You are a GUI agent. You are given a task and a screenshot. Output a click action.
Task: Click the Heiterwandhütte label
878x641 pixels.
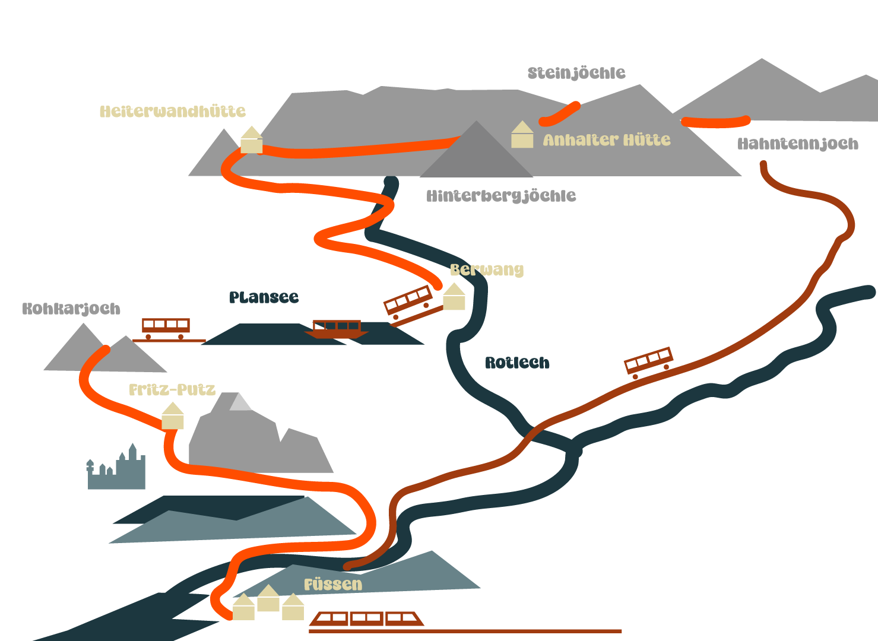pos(172,112)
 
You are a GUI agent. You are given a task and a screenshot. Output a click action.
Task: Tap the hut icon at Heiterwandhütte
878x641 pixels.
pos(251,140)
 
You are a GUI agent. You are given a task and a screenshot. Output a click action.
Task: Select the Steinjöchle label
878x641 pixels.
pos(576,73)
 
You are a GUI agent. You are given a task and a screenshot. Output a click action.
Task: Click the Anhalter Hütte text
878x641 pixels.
pos(607,140)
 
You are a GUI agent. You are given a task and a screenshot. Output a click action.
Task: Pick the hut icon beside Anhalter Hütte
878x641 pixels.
pos(522,135)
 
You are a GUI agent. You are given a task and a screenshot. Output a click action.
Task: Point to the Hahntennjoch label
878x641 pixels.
pos(797,144)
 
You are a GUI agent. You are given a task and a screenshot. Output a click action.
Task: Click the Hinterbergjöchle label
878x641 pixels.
pos(501,196)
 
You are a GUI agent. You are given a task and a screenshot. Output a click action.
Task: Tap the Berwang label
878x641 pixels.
pos(487,270)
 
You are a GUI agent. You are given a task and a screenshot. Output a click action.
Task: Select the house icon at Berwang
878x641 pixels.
pos(454,297)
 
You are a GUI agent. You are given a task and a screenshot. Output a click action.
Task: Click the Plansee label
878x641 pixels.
pos(264,297)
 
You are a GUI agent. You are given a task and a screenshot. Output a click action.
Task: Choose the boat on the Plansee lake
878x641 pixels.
pos(337,329)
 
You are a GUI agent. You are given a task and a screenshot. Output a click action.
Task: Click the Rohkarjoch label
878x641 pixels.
pos(71,309)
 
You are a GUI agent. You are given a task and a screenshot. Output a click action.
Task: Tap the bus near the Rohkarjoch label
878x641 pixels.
pos(166,328)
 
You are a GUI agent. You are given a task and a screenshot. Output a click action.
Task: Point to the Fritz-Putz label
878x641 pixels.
pos(172,390)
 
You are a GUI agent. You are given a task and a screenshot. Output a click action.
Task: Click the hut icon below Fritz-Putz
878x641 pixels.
pos(173,416)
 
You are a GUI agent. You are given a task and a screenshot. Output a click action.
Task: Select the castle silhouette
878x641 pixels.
pos(117,470)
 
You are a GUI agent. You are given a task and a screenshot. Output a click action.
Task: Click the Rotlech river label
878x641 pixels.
pos(517,363)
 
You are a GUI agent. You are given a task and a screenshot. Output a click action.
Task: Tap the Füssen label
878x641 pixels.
pos(332,585)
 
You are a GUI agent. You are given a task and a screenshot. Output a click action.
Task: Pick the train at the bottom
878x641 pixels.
pos(367,619)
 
